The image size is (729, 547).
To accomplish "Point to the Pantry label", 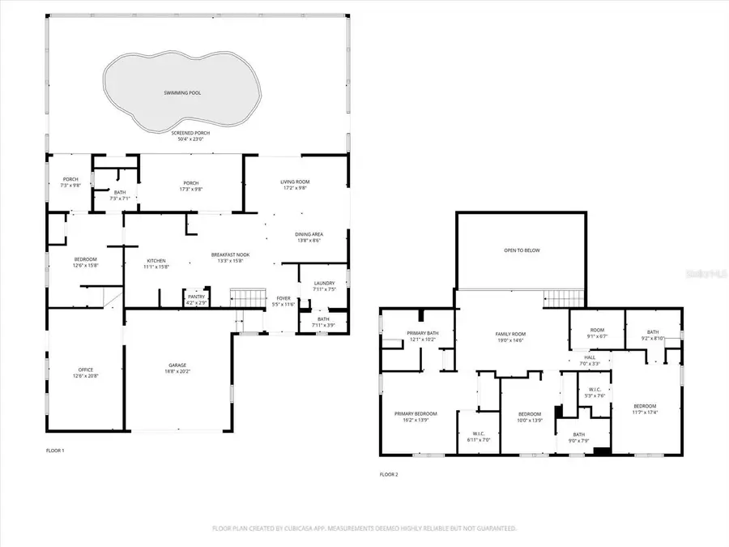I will coord(196,296).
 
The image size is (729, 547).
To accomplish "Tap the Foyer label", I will coord(283,297).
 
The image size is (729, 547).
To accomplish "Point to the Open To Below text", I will coord(522,250).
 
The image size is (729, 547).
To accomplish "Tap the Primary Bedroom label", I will coord(416,413).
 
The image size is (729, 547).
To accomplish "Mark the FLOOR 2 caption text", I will coord(389,475).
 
